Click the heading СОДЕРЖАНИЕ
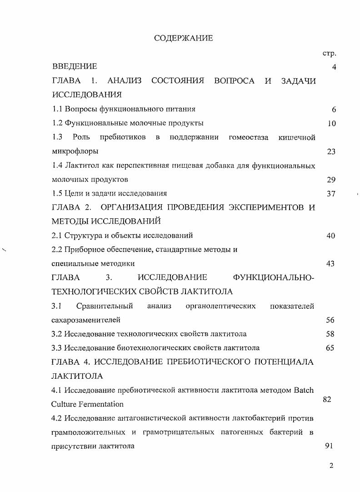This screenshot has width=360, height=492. [x=184, y=39]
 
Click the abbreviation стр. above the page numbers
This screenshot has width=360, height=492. [x=329, y=54]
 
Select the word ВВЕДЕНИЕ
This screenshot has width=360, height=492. [x=75, y=67]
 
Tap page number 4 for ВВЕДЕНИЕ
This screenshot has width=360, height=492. [x=334, y=67]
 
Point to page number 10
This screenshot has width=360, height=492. [x=331, y=123]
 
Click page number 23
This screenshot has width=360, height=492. [x=331, y=151]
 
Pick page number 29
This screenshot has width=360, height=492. [x=331, y=180]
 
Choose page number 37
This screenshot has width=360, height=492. [x=331, y=194]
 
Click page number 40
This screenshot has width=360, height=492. [x=331, y=236]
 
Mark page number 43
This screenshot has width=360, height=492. [x=331, y=264]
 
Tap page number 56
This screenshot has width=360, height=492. [x=330, y=320]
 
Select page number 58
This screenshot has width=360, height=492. [x=330, y=334]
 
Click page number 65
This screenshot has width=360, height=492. [x=330, y=348]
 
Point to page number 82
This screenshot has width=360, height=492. [x=327, y=399]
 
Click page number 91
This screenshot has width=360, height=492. [x=330, y=446]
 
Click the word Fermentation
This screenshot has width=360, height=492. [x=100, y=404]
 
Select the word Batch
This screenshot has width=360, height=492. [x=304, y=390]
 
